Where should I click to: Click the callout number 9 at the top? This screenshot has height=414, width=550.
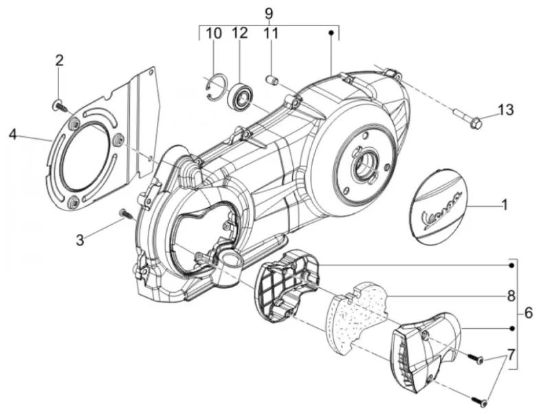tap(268, 13)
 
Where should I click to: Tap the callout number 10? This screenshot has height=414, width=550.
tap(214, 34)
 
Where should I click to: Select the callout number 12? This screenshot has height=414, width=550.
tap(240, 33)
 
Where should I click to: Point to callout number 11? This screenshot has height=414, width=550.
tap(270, 34)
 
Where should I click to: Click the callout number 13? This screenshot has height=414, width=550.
tap(506, 110)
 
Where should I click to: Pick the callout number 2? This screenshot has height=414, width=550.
tap(59, 61)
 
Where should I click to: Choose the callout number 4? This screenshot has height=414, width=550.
tap(13, 134)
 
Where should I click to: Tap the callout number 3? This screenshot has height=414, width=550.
tap(80, 240)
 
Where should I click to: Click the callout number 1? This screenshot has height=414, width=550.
tap(505, 205)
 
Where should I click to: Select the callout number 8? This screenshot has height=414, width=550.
tap(511, 296)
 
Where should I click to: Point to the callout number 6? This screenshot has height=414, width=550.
tap(529, 313)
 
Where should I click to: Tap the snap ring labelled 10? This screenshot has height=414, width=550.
tap(215, 88)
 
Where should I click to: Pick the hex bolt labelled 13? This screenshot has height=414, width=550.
tap(467, 118)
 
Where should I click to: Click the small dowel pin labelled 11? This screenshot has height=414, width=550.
tap(272, 80)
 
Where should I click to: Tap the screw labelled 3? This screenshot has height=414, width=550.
tap(124, 213)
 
